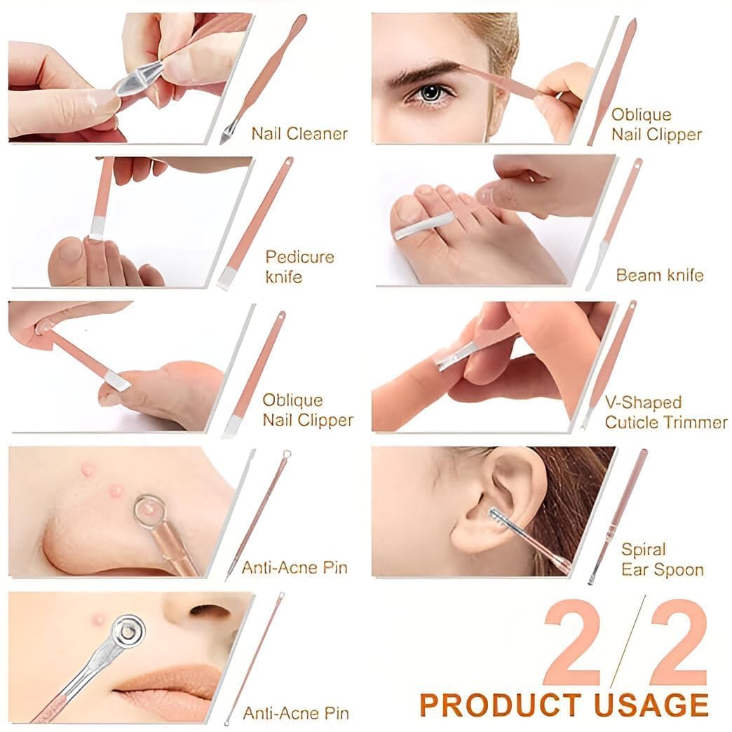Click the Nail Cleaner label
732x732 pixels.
pyautogui.click(x=299, y=133)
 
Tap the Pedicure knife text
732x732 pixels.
pyautogui.click(x=299, y=266)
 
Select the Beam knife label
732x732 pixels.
pyautogui.click(x=659, y=275)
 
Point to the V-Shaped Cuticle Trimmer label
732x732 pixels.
pyautogui.click(x=665, y=412)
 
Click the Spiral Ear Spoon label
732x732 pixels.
pyautogui.click(x=662, y=560)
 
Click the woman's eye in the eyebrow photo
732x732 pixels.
pyautogui.click(x=429, y=93)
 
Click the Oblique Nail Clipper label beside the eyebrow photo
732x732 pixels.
pyautogui.click(x=656, y=124)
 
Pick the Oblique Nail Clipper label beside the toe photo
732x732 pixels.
pyautogui.click(x=307, y=410)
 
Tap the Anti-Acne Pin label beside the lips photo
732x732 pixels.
pyautogui.click(x=295, y=713)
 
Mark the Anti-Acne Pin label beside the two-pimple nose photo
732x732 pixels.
pyautogui.click(x=294, y=567)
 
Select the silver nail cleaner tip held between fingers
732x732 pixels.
pyautogui.click(x=140, y=76)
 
